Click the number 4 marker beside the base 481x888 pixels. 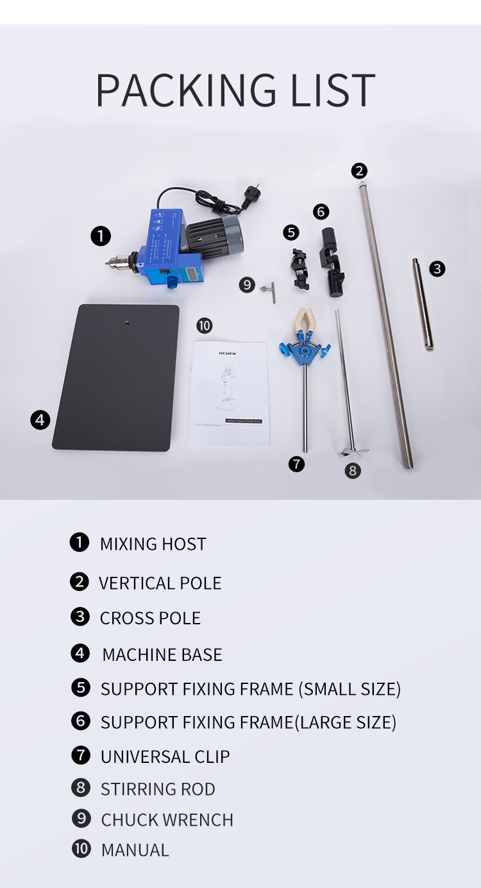click(x=40, y=420)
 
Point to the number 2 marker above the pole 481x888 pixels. click(x=359, y=171)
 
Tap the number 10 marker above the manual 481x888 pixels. click(x=204, y=325)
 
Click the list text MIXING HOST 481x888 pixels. click(x=153, y=544)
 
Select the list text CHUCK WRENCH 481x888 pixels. click(x=167, y=820)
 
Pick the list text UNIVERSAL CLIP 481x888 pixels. click(x=165, y=757)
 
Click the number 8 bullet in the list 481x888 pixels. click(x=81, y=787)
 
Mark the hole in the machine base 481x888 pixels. click(x=127, y=321)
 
